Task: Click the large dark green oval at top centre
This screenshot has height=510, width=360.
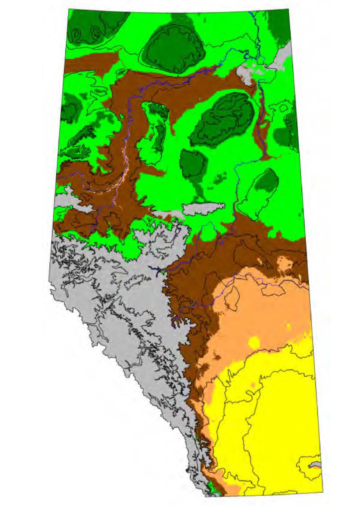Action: point(173,48)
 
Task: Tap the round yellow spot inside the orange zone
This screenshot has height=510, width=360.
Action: point(254,343)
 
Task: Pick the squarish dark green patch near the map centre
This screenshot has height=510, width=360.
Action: point(193,163)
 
